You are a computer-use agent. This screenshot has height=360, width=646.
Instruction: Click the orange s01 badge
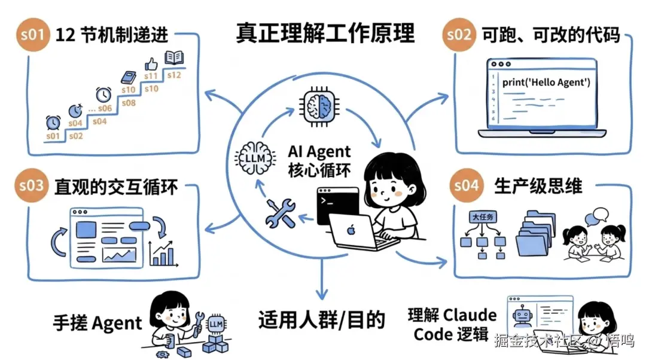pyautogui.click(x=32, y=34)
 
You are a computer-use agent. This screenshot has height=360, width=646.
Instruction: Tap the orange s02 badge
pyautogui.click(x=459, y=34)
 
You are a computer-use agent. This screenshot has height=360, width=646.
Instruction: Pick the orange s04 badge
pyautogui.click(x=467, y=185)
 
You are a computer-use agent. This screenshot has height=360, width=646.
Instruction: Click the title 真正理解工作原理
pyautogui.click(x=325, y=33)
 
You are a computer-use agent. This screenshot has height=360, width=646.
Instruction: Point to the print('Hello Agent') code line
pyautogui.click(x=546, y=82)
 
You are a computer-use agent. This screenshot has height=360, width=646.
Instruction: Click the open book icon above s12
pyautogui.click(x=173, y=58)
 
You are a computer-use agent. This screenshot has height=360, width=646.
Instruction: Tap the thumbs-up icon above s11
pyautogui.click(x=151, y=63)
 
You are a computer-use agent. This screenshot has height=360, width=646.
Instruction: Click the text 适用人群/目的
pyautogui.click(x=321, y=320)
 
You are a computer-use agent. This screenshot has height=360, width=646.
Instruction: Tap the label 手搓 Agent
pyautogui.click(x=97, y=324)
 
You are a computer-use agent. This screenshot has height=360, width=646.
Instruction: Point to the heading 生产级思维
pyautogui.click(x=538, y=185)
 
